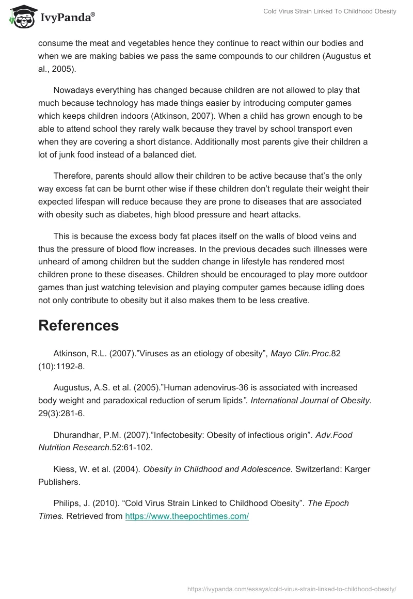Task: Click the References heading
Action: coord(78,325)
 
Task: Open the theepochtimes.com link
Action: coord(187,516)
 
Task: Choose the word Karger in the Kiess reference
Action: coord(358,469)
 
